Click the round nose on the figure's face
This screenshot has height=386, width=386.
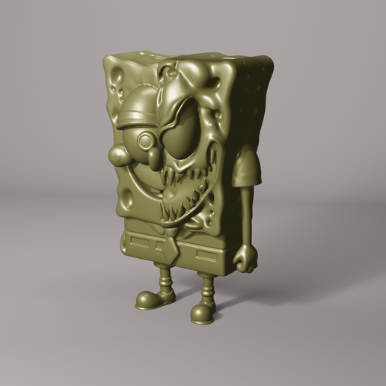117,153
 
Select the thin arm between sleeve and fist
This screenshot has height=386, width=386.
245,217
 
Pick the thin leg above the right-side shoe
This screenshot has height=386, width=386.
207,288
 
